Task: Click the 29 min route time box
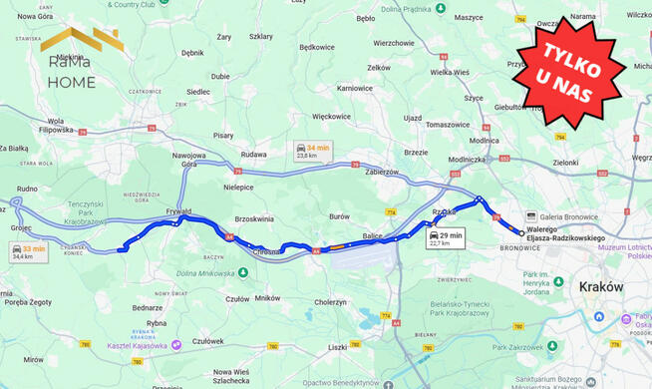(446, 238)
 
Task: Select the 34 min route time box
(313, 151)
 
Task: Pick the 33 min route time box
(29, 252)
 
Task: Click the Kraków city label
(600, 286)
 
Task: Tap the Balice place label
(371, 235)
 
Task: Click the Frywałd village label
(178, 210)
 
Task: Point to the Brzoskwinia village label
(253, 218)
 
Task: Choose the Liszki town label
(337, 347)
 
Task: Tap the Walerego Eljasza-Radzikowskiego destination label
(566, 233)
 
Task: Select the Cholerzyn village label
(330, 301)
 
